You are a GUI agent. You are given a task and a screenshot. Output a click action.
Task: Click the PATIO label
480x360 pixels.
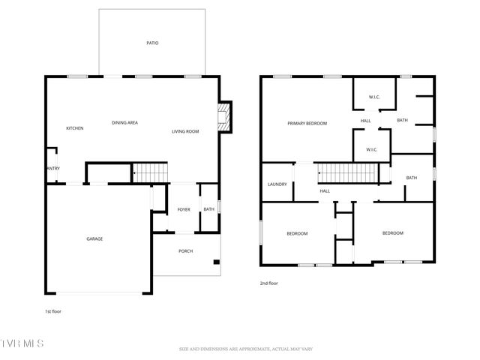[152, 43]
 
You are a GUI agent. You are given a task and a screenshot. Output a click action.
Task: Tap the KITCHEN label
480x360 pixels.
[74, 128]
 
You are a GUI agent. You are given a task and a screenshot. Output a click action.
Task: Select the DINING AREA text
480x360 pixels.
[124, 122]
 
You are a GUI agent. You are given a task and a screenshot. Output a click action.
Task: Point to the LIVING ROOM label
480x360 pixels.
[185, 131]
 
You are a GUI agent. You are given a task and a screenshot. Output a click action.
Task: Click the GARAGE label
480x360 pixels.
[94, 238]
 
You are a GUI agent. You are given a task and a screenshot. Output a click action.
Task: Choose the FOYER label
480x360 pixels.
[184, 209]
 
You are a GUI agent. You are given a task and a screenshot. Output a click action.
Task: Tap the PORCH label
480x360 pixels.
[185, 250]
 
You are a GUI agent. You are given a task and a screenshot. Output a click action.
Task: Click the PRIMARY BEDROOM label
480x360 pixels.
[307, 123]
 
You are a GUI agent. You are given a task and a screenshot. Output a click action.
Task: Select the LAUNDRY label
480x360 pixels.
[277, 184]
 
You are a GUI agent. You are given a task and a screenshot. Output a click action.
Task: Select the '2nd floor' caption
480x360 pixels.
[269, 283]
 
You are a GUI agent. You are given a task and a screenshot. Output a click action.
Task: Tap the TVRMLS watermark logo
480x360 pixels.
[22, 343]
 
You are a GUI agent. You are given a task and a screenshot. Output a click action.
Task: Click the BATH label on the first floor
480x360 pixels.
[208, 209]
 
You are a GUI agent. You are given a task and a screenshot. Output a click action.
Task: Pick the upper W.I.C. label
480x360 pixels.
[375, 98]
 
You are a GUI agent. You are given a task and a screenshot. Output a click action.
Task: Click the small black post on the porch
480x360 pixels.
[216, 262]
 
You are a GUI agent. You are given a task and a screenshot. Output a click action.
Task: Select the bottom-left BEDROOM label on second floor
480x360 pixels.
[297, 233]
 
